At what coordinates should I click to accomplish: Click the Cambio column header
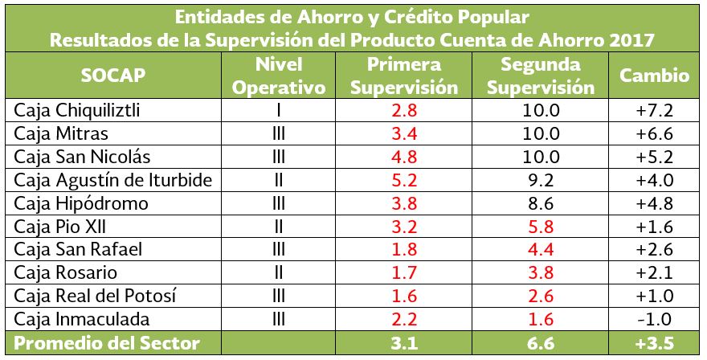[654, 76]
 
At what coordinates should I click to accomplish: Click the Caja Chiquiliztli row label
[78, 110]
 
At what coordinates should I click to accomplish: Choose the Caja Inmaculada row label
[73, 319]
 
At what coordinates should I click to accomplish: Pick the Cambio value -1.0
[652, 319]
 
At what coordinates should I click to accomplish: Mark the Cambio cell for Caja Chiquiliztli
[652, 110]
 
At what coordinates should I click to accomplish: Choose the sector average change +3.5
[652, 343]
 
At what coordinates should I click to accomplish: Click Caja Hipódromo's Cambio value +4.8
[652, 203]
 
